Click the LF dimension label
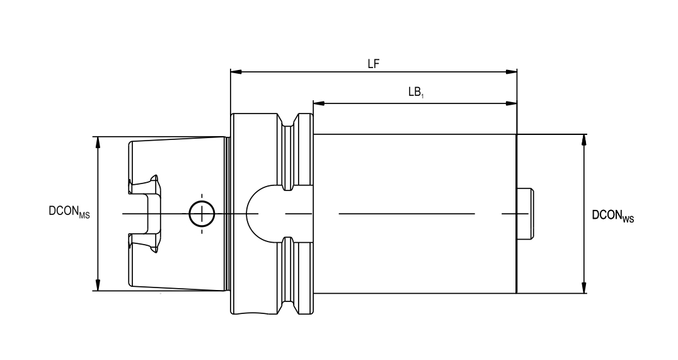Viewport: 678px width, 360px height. pyautogui.click(x=374, y=64)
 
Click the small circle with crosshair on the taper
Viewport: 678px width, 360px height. pyautogui.click(x=202, y=214)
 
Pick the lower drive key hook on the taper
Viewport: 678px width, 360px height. pyautogui.click(x=147, y=242)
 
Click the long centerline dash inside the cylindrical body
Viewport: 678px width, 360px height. pyautogui.click(x=406, y=214)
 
